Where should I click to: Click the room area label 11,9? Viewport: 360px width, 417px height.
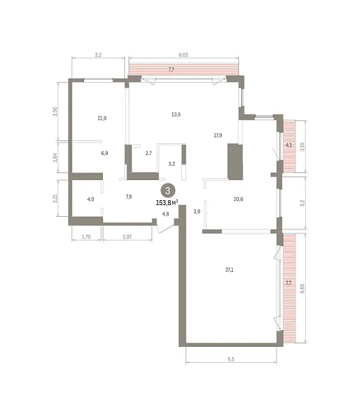(x=102, y=118)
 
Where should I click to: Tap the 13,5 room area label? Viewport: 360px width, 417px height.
(x=176, y=115)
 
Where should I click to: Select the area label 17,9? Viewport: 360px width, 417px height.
(x=218, y=136)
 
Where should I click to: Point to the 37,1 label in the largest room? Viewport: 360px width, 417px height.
(x=229, y=270)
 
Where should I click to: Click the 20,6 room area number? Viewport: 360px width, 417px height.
(x=238, y=199)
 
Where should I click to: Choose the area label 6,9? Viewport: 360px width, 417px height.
(x=104, y=153)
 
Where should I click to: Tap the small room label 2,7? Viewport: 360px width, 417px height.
(x=149, y=153)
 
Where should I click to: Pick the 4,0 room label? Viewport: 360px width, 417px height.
(x=90, y=199)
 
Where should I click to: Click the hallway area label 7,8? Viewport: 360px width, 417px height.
(x=129, y=197)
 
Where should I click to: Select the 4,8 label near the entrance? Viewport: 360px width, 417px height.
(x=165, y=214)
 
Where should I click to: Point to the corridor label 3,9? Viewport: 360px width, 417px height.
(x=197, y=211)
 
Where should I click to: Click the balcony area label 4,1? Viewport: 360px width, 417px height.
(x=288, y=145)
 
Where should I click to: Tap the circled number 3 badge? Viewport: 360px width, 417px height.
(x=167, y=190)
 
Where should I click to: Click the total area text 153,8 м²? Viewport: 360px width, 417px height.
(x=167, y=203)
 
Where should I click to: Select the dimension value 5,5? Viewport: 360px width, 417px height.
(x=231, y=359)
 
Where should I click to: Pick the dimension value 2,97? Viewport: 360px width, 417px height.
(x=127, y=236)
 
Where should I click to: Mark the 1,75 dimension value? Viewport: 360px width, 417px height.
(x=86, y=236)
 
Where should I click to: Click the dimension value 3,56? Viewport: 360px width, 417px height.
(x=55, y=111)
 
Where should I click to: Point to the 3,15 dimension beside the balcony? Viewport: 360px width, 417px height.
(x=302, y=147)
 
